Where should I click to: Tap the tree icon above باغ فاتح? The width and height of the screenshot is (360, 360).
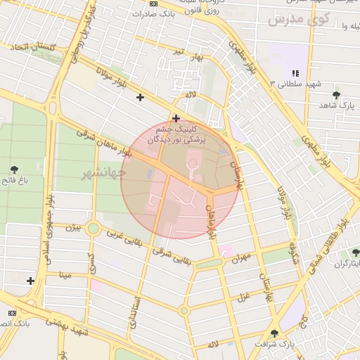(15, 169)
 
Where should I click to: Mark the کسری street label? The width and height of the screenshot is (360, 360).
(91, 263)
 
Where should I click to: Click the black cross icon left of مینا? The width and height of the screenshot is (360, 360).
(30, 281)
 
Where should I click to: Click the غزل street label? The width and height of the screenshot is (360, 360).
(245, 295)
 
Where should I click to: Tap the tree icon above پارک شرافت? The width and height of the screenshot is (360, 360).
(274, 333)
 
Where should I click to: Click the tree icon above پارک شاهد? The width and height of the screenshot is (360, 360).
(337, 94)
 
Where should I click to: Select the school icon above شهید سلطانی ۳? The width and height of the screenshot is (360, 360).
(295, 72)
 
